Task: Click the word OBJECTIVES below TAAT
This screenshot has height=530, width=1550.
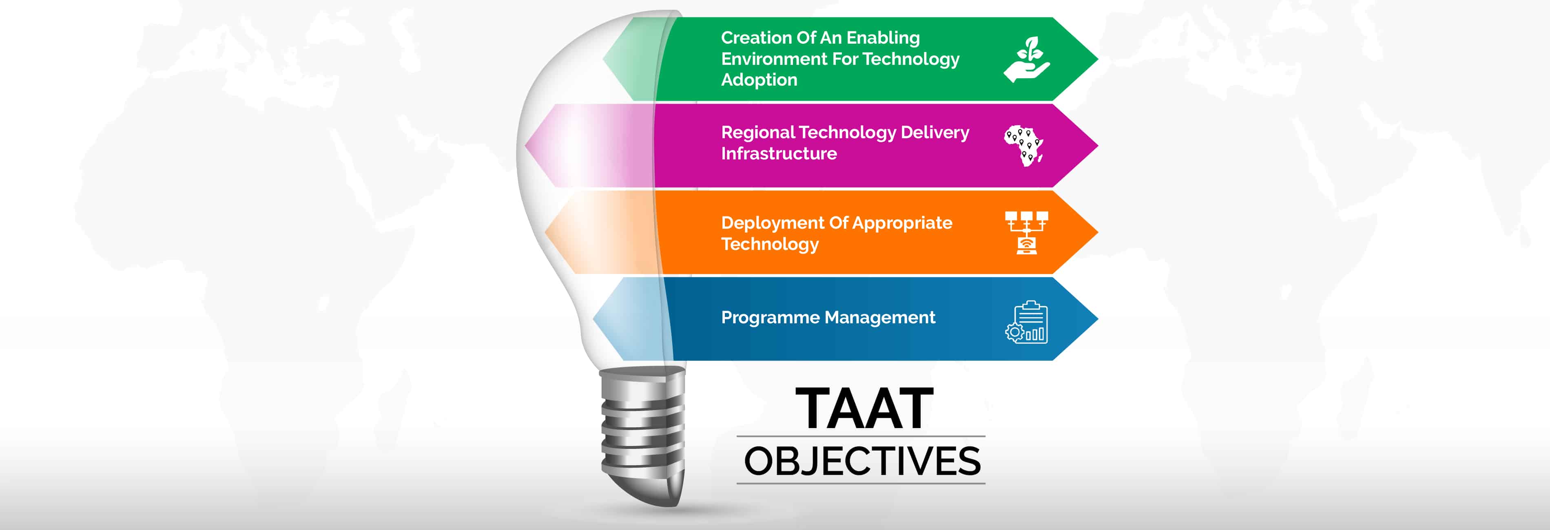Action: pyautogui.click(x=862, y=462)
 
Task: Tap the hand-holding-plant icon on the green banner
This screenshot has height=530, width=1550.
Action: pyautogui.click(x=1027, y=60)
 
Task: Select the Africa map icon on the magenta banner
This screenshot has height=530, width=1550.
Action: pyautogui.click(x=1023, y=146)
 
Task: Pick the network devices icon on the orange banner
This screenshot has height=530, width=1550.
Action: pyautogui.click(x=1027, y=233)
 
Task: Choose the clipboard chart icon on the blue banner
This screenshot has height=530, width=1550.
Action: pyautogui.click(x=1027, y=322)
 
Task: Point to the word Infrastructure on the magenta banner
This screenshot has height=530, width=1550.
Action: pyautogui.click(x=779, y=153)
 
